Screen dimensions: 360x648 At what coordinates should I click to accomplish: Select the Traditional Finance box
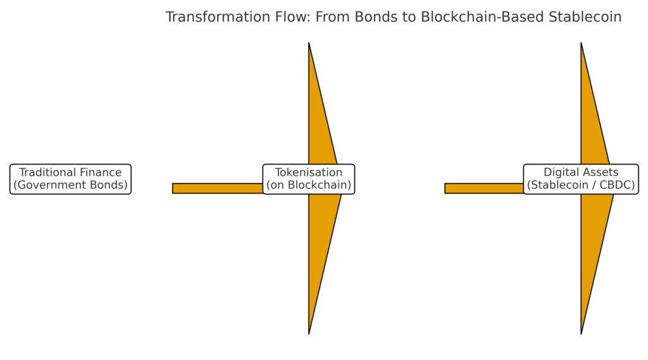70,179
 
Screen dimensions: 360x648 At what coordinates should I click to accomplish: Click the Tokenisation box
309,179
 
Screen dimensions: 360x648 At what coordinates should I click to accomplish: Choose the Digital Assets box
581,179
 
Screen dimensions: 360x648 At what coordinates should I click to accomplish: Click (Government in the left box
51,185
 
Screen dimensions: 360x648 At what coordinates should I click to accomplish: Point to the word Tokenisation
309,173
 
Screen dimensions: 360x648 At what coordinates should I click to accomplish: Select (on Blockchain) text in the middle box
309,185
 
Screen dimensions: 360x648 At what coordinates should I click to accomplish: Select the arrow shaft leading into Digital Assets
484,188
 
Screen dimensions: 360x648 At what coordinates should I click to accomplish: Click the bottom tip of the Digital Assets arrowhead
581,332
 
